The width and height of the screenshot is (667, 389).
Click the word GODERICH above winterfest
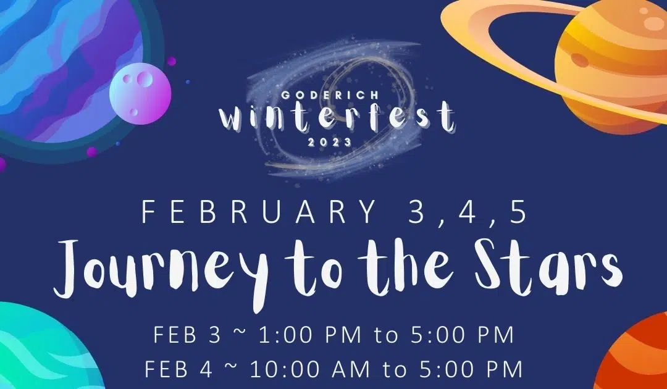click(336, 95)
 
